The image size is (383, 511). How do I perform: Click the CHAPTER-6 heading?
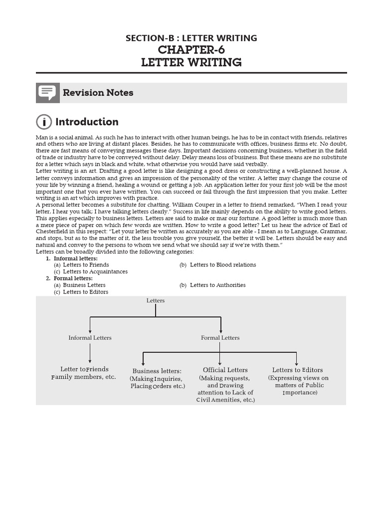(x=191, y=50)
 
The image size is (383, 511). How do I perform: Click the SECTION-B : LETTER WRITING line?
(x=191, y=38)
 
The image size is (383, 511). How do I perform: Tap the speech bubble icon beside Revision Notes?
(x=48, y=93)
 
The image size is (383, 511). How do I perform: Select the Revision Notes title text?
(x=98, y=93)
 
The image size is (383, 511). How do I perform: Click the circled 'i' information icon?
(x=44, y=122)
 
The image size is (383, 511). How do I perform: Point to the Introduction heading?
(x=87, y=122)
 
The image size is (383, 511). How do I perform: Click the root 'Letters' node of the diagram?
(x=156, y=300)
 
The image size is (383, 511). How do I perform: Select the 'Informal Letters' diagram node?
(x=90, y=338)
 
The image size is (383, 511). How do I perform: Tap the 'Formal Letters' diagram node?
(x=220, y=338)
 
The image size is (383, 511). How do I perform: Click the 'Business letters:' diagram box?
(x=157, y=371)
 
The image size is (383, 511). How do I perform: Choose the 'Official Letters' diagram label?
(x=225, y=370)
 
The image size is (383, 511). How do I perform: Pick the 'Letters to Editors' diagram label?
(x=297, y=370)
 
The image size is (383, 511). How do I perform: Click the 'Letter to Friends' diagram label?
(x=84, y=369)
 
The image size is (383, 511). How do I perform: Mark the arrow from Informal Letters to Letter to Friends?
(x=90, y=353)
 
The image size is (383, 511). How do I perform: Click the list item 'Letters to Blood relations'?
(x=223, y=265)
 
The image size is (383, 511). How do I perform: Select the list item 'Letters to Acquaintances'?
(x=95, y=271)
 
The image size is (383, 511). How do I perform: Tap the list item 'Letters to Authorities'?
(x=217, y=285)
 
